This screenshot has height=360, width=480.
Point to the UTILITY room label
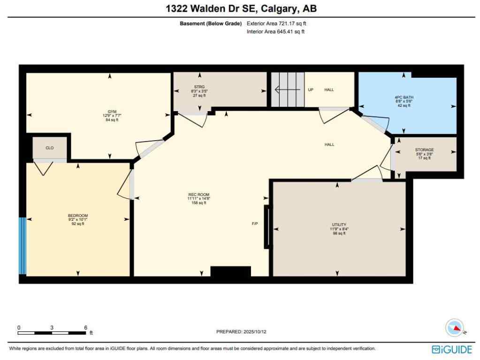339,225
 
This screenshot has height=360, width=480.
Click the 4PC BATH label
404,97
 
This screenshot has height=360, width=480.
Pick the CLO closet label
49,148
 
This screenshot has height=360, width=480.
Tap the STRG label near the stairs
200,87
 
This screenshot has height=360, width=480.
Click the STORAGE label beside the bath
424,150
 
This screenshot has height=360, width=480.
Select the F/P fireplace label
255,224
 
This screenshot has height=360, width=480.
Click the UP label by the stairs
311,90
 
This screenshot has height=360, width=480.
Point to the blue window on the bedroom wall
22,245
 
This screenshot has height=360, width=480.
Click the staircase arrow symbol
284,90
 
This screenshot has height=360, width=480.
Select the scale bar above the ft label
52,333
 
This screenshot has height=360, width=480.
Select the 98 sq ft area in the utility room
339,233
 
